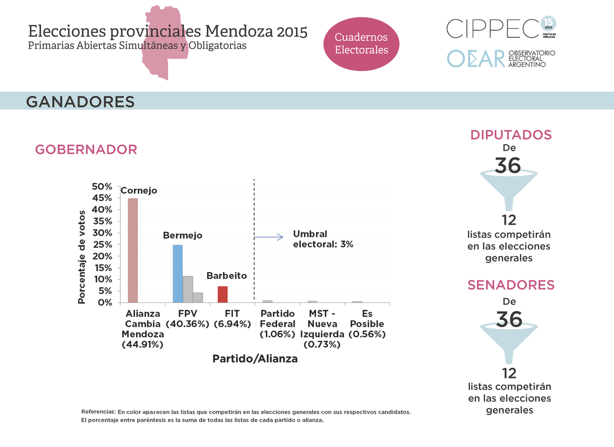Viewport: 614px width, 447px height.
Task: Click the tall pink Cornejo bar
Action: click(133, 250)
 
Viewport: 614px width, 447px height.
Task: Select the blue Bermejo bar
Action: click(177, 274)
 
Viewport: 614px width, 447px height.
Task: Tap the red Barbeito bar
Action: click(223, 295)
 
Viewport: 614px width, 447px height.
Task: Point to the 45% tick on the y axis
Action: click(102, 198)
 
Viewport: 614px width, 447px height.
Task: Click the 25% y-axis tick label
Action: click(102, 245)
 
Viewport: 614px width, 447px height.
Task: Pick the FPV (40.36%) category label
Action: click(187, 319)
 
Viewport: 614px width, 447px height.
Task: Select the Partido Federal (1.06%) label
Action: click(278, 324)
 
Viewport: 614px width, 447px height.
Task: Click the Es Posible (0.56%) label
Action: click(367, 324)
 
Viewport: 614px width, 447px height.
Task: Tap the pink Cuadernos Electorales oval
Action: click(361, 44)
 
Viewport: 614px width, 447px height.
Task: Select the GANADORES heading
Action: click(80, 102)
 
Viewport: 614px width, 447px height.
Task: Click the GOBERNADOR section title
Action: click(86, 149)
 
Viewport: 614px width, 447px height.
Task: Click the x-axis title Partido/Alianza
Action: click(255, 359)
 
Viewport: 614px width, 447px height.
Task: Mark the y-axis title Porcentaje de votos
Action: click(82, 257)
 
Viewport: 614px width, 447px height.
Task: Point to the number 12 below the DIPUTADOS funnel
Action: click(509, 220)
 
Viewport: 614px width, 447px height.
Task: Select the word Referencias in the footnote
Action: click(98, 412)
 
